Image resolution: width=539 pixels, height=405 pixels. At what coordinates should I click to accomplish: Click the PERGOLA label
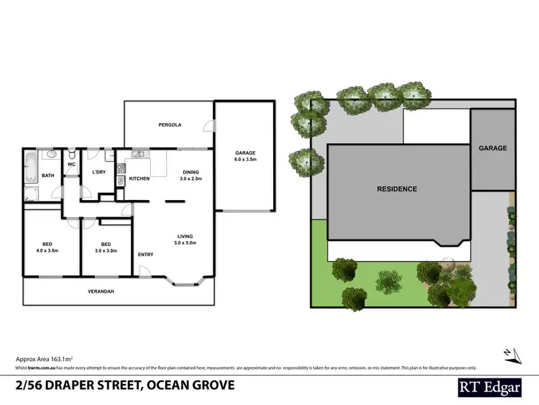[170, 125]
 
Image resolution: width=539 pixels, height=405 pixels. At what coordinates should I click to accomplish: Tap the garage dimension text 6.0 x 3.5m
[245, 160]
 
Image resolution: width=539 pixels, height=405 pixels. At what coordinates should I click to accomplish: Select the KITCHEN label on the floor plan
[139, 178]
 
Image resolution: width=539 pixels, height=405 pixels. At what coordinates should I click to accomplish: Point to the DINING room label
[190, 172]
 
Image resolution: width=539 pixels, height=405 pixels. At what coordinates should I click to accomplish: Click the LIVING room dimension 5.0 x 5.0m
[186, 243]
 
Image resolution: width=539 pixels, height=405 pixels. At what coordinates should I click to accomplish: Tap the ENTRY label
[145, 254]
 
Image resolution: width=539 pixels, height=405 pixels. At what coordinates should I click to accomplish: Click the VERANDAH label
[102, 291]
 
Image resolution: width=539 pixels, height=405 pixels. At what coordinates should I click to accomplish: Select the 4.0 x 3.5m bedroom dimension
[47, 250]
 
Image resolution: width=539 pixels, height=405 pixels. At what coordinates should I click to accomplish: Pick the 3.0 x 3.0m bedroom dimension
[105, 250]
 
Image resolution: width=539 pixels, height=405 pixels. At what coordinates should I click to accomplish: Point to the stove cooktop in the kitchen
[121, 172]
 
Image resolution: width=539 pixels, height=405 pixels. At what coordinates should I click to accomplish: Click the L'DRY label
[98, 171]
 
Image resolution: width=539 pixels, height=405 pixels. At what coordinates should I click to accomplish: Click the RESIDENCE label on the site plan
[397, 189]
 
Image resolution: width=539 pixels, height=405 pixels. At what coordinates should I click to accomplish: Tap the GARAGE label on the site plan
[493, 148]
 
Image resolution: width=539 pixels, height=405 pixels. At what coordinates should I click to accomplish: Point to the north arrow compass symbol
[509, 352]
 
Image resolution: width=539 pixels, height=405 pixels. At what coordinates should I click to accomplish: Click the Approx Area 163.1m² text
[45, 358]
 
